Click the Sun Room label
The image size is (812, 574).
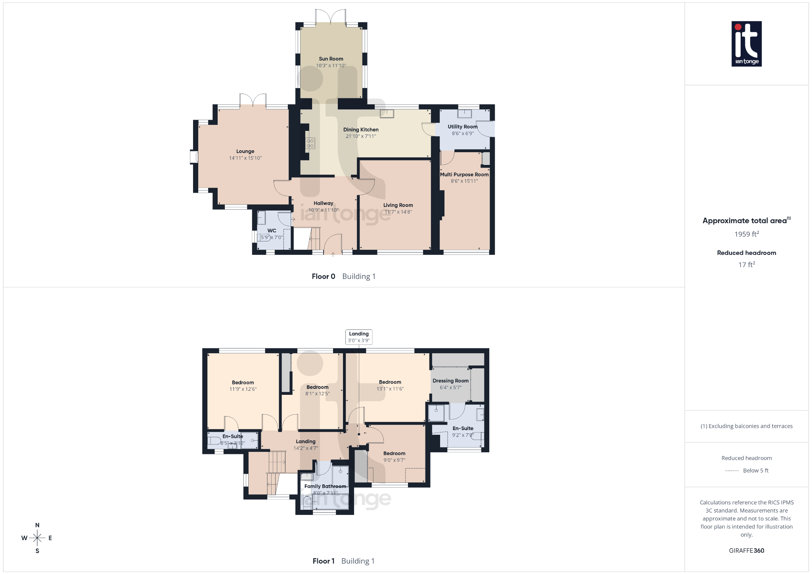pyautogui.click(x=331, y=59)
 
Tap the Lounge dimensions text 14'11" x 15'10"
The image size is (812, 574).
pyautogui.click(x=245, y=158)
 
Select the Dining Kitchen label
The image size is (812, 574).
pyautogui.click(x=361, y=130)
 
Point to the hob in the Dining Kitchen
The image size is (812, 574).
pyautogui.click(x=310, y=143)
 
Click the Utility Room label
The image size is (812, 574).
pyautogui.click(x=462, y=127)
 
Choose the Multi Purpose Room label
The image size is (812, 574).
pyautogui.click(x=464, y=174)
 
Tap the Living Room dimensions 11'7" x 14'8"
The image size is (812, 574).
pyautogui.click(x=398, y=212)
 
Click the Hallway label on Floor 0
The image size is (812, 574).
pyautogui.click(x=324, y=203)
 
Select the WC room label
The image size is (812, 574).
pyautogui.click(x=272, y=231)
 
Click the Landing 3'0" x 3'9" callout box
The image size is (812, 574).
pyautogui.click(x=359, y=337)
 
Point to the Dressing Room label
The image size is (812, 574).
pyautogui.click(x=450, y=381)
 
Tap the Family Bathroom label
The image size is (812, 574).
pyautogui.click(x=325, y=486)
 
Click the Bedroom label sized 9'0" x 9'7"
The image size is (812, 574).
pyautogui.click(x=394, y=453)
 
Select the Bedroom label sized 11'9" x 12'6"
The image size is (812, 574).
pyautogui.click(x=243, y=383)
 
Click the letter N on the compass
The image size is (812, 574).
pyautogui.click(x=37, y=525)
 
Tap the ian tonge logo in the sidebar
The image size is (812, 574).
pyautogui.click(x=746, y=44)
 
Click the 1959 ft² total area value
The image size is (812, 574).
pyautogui.click(x=746, y=234)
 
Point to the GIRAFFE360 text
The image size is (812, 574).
pyautogui.click(x=746, y=551)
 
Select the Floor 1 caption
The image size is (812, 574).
pyautogui.click(x=324, y=561)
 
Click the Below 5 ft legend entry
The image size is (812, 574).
pyautogui.click(x=755, y=471)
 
